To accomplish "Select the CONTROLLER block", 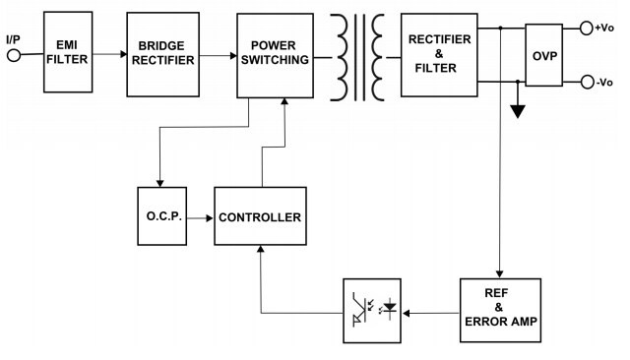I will coord(260,216).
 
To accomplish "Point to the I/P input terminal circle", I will coord(14,56).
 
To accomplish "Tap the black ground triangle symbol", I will coord(517,111).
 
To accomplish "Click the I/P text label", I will coord(13,38).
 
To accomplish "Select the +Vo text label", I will coord(605,29).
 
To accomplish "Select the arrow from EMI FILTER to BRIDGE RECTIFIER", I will coord(109,57).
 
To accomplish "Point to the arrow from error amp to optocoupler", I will coord(431,313).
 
